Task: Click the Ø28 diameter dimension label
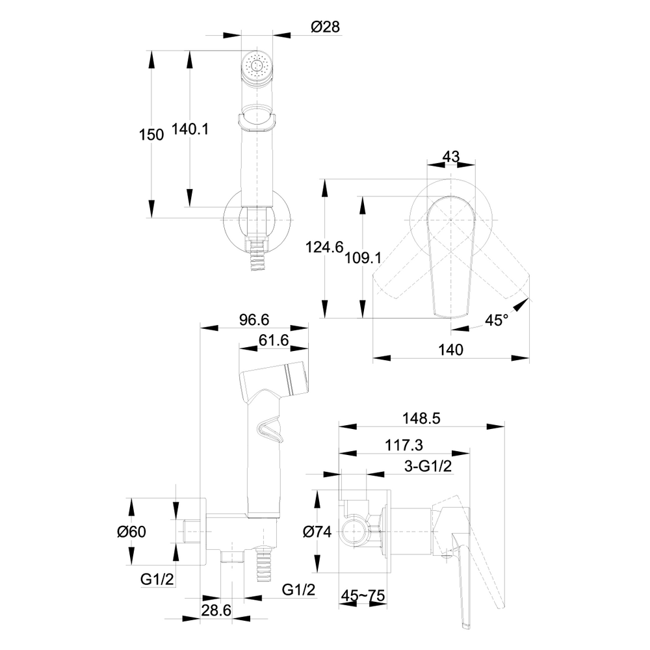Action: (326, 27)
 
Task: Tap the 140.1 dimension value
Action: (190, 129)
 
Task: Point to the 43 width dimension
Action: (450, 157)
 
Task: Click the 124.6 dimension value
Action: (324, 247)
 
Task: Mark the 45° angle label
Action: (497, 320)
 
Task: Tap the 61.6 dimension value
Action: (274, 341)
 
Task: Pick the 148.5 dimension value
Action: (422, 419)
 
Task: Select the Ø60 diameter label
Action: (131, 532)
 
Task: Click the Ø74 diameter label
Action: (317, 532)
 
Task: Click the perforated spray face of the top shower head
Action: (258, 66)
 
